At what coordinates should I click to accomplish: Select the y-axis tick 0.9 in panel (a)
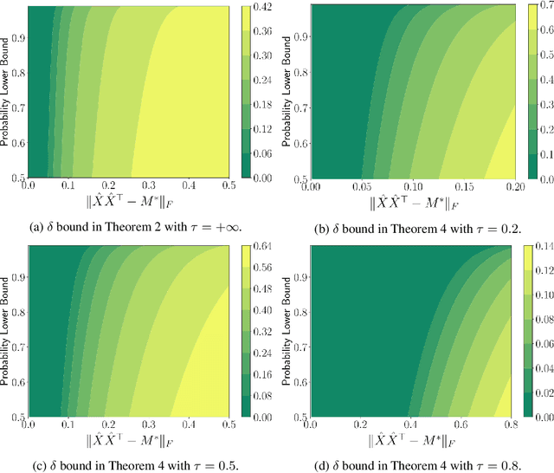tap(17, 39)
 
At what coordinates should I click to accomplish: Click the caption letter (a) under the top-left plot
tap(36, 224)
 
